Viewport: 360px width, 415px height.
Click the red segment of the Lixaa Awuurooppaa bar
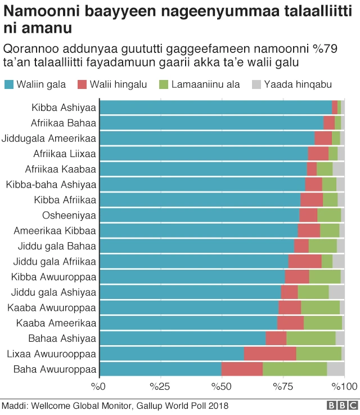tap(270, 353)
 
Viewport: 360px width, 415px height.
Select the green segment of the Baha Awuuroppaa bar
tap(295, 369)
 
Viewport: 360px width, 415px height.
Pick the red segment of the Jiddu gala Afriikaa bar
tap(304, 261)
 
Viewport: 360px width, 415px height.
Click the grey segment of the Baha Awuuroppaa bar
tap(336, 369)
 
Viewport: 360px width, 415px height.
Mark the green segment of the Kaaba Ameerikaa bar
tap(323, 323)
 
